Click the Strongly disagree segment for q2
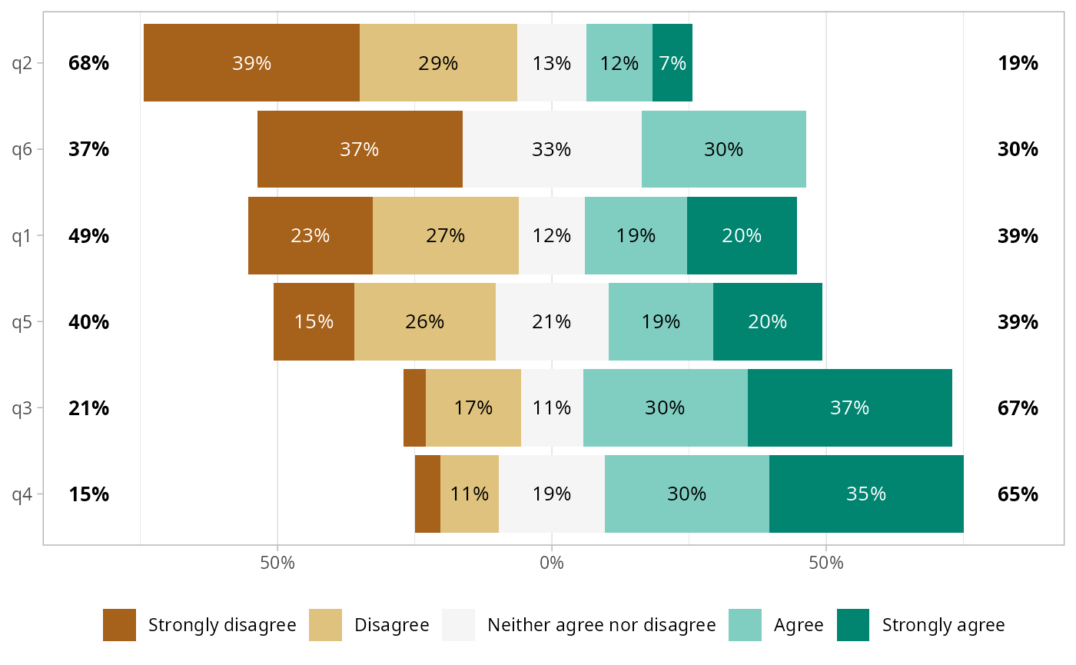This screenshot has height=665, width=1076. pyautogui.click(x=251, y=62)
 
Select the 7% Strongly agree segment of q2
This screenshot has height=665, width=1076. pyautogui.click(x=672, y=62)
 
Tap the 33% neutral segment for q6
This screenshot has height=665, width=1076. pyautogui.click(x=552, y=149)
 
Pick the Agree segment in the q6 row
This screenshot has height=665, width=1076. pyautogui.click(x=724, y=149)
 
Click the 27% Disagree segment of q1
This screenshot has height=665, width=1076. pyautogui.click(x=446, y=235)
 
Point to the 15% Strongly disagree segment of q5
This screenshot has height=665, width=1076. pyautogui.click(x=314, y=321)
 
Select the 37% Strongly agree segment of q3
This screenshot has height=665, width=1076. pyautogui.click(x=849, y=407)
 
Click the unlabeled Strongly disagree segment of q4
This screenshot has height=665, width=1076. pyautogui.click(x=427, y=494)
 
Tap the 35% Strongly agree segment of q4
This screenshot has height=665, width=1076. pyautogui.click(x=866, y=494)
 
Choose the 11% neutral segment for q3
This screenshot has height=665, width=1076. pyautogui.click(x=552, y=407)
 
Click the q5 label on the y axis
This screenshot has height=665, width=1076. pyautogui.click(x=22, y=321)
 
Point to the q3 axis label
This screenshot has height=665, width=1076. pyautogui.click(x=22, y=407)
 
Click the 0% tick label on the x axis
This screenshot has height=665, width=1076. pyautogui.click(x=552, y=563)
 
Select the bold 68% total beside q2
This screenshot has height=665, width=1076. pyautogui.click(x=88, y=63)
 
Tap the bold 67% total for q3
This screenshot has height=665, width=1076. pyautogui.click(x=1018, y=407)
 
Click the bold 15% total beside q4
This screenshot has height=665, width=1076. pyautogui.click(x=88, y=494)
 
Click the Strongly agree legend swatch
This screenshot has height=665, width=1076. pyautogui.click(x=852, y=625)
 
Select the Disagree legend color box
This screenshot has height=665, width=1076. pyautogui.click(x=325, y=625)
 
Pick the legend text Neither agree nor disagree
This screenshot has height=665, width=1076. pyautogui.click(x=602, y=625)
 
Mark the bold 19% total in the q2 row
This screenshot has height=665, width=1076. pyautogui.click(x=1018, y=63)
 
